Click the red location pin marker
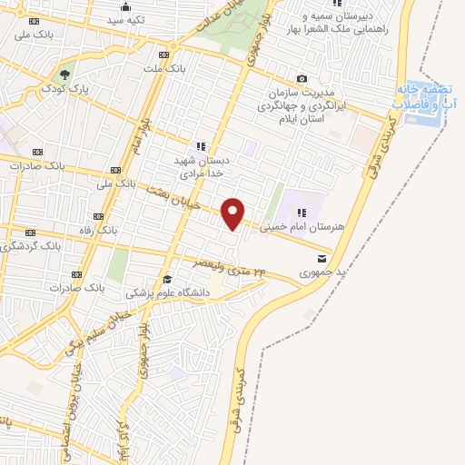click(233, 213)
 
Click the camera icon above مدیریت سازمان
click(302, 80)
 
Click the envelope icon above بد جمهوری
click(322, 260)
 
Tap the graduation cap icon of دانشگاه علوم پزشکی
click(166, 280)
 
